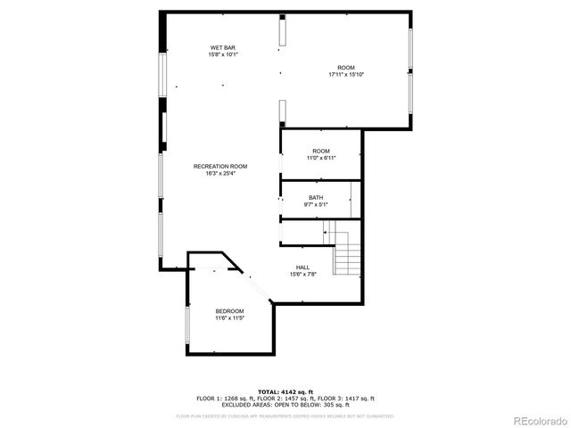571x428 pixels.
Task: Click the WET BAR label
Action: pyautogui.click(x=223, y=47)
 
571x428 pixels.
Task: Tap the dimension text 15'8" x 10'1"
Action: pyautogui.click(x=223, y=54)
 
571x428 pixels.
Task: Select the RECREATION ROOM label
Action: pyautogui.click(x=220, y=167)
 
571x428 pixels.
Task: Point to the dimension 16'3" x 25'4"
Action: pyautogui.click(x=220, y=174)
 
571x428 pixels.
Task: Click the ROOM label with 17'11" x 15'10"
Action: pyautogui.click(x=346, y=68)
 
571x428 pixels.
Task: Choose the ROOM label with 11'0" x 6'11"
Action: pyautogui.click(x=321, y=151)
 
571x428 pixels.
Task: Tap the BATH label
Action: pyautogui.click(x=316, y=198)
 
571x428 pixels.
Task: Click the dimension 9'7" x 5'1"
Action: pyautogui.click(x=316, y=205)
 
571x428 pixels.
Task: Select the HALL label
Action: pyautogui.click(x=303, y=267)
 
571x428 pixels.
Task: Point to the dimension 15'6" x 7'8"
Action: pyautogui.click(x=303, y=275)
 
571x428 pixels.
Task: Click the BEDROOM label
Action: pyautogui.click(x=229, y=310)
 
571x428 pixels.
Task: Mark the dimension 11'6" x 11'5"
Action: pyautogui.click(x=229, y=317)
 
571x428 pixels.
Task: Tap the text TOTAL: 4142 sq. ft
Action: pyautogui.click(x=285, y=391)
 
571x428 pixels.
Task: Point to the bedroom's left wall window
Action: pyautogui.click(x=186, y=330)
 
